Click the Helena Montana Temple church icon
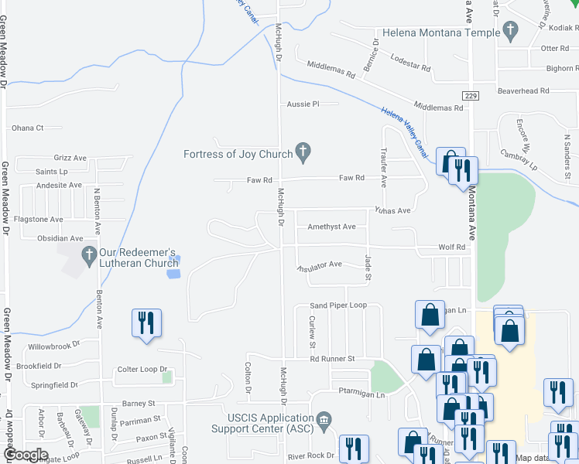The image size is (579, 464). [509, 32]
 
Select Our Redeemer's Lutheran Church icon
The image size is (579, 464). [89, 254]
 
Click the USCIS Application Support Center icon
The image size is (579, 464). [324, 421]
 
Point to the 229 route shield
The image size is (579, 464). [471, 95]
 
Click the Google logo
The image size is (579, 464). [26, 455]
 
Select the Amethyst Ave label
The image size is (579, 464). [331, 227]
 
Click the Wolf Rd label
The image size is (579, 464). [454, 247]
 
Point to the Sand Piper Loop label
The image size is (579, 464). [338, 305]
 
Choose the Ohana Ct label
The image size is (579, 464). [27, 128]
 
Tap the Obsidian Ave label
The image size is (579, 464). [54, 238]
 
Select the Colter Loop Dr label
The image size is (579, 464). [142, 370]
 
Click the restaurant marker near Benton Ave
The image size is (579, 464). [147, 324]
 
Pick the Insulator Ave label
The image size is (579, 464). [320, 265]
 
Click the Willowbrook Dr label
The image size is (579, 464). [54, 346]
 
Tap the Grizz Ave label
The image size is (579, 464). [70, 158]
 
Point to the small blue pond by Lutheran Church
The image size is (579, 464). [174, 272]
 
